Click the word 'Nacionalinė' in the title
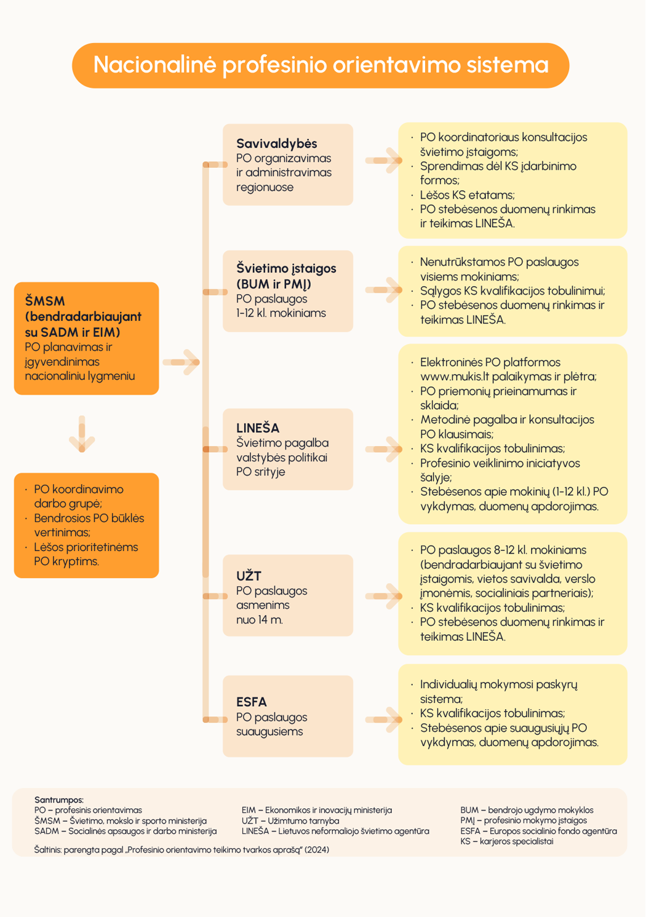tap(154, 65)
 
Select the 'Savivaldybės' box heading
tap(276, 143)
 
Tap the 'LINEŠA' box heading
tap(258, 428)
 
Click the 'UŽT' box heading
tap(249, 576)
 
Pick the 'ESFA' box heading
tap(251, 702)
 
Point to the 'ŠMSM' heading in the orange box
tap(45, 301)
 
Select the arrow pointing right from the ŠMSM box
tap(182, 362)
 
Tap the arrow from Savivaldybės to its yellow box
tap(384, 161)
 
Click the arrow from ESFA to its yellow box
tap(384, 720)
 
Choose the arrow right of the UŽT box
tap(384, 596)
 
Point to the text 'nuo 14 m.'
tap(260, 620)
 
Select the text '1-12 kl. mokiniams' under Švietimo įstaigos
tap(281, 313)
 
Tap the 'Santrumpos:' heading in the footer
tap(59, 800)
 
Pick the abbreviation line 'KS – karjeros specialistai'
tap(506, 841)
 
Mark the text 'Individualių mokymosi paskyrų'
tap(498, 685)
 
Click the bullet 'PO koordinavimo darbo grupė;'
tap(78, 496)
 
